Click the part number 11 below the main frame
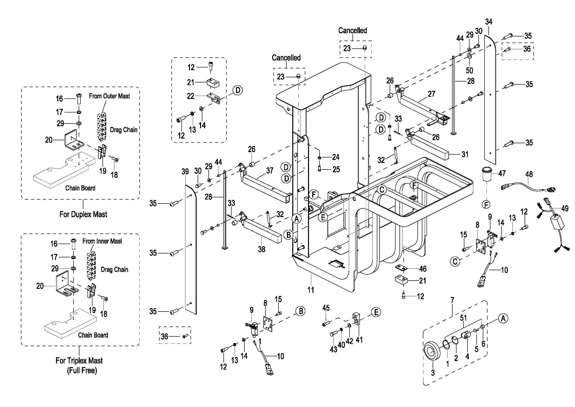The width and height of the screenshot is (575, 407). point(310,290)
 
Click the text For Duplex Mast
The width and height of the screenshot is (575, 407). point(83,214)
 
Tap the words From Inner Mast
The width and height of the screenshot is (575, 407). point(102,241)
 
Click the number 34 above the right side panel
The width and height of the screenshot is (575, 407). point(489,22)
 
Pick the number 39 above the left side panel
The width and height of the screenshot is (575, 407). point(185,172)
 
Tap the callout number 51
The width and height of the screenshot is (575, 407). point(463,318)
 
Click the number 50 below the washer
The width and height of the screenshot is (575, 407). point(469,70)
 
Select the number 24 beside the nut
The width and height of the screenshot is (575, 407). point(336,157)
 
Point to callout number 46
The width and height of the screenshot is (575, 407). point(423,269)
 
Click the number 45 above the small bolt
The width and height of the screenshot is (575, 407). point(326,308)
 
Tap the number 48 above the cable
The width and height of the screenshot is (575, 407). point(529,174)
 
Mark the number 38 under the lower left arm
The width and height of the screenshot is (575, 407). point(262,249)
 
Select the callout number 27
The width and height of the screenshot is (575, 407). point(431,94)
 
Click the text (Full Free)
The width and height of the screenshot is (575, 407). point(82,370)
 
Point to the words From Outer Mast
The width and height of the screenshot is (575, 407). point(109,96)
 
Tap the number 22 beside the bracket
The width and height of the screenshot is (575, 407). point(191,96)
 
